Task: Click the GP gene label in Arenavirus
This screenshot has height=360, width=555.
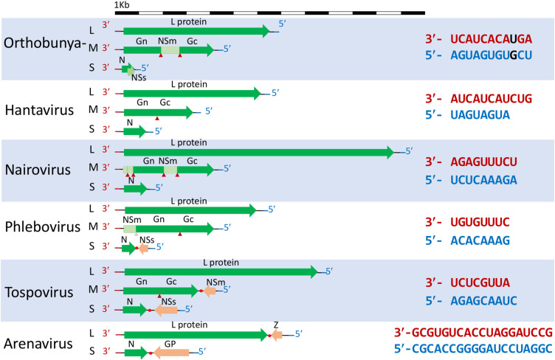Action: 170,343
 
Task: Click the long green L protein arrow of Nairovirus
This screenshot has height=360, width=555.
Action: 258,152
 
